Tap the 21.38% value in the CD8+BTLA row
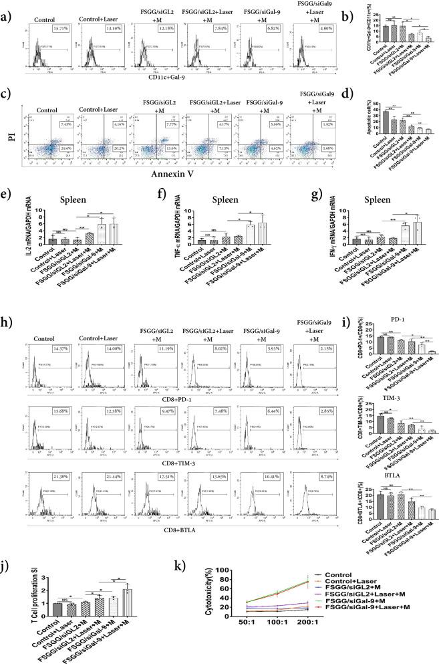tap(62, 475)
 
